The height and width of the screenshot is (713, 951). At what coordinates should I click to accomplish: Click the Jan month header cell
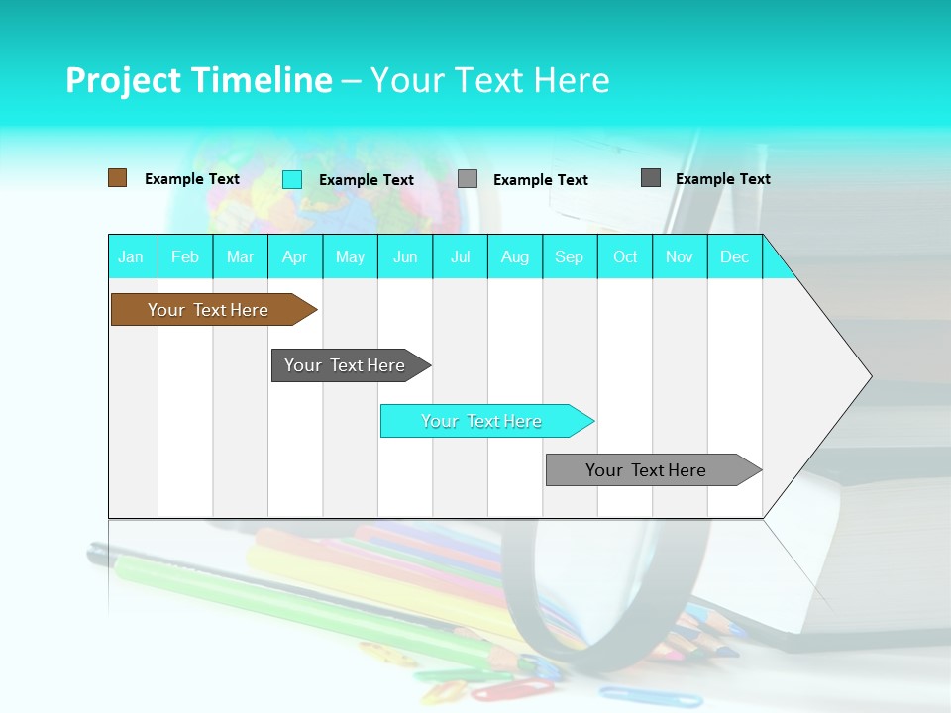(x=132, y=256)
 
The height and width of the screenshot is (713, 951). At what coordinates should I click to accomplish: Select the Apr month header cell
(x=295, y=256)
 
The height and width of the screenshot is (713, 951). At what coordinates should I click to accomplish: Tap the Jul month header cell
(x=460, y=256)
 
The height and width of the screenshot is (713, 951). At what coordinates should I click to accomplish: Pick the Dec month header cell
(x=734, y=256)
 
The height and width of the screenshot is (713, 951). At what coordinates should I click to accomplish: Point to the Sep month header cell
(x=570, y=256)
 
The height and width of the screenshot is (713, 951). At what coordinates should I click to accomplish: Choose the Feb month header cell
(x=185, y=256)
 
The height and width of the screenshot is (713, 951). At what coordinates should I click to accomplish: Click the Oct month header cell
(x=625, y=256)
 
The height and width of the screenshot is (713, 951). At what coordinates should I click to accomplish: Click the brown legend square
(x=117, y=178)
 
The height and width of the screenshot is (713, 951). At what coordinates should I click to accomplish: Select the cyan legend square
(x=292, y=179)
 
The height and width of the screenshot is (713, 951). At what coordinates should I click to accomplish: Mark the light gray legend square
(x=468, y=179)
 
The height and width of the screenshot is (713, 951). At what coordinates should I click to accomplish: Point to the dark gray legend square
(x=651, y=178)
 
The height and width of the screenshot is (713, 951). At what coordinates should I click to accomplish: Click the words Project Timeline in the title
(x=198, y=80)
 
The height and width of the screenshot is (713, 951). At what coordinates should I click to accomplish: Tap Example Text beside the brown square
(x=192, y=179)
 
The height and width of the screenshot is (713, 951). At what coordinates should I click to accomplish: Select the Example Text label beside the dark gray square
(x=723, y=179)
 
